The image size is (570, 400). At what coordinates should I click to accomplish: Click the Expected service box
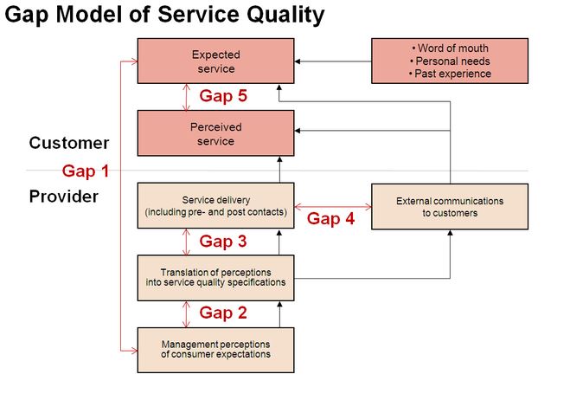215,61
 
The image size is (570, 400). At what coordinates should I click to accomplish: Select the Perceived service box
215,133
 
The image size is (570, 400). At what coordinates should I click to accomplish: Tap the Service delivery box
215,205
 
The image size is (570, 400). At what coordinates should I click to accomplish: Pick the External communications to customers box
449,206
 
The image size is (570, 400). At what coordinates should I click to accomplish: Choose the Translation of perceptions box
215,277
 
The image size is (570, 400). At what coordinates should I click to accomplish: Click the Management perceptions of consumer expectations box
215,349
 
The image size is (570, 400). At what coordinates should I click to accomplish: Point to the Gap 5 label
223,96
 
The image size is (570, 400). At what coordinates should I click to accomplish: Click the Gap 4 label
330,219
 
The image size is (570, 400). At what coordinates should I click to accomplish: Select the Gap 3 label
223,242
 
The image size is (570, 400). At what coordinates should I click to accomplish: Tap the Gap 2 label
223,313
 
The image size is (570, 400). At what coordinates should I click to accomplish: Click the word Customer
69,143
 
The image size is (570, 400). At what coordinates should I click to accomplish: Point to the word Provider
64,196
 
